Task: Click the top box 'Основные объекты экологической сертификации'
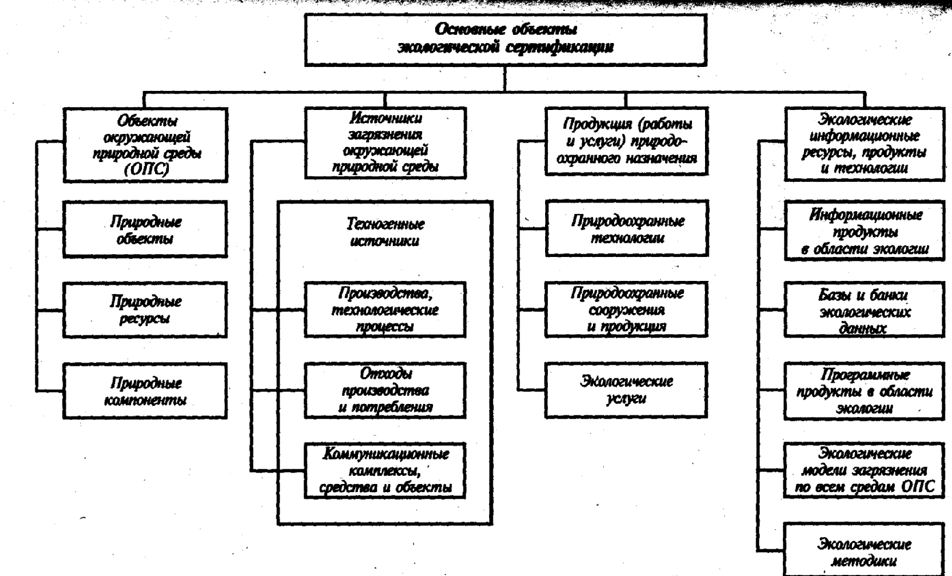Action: [x=505, y=39]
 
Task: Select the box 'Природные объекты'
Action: [x=145, y=229]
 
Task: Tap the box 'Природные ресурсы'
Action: [x=145, y=310]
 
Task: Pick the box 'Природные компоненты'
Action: [x=145, y=391]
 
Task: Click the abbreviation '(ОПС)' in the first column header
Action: [x=146, y=170]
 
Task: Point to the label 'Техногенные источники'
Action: [x=385, y=232]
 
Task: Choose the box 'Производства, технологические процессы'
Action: [x=385, y=310]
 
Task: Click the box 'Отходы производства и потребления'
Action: [x=385, y=390]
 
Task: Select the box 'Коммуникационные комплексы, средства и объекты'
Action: [x=385, y=470]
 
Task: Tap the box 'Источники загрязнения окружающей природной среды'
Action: [x=385, y=143]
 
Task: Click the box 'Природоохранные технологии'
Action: [x=627, y=229]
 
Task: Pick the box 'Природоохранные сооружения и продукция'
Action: [x=627, y=309]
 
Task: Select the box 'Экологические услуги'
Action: [x=627, y=390]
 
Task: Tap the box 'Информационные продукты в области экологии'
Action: [x=864, y=232]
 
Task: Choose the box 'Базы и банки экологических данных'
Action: [x=864, y=311]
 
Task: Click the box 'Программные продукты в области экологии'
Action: [x=864, y=391]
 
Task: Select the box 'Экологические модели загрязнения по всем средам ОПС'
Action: [x=864, y=470]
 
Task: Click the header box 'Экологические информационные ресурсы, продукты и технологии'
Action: [x=864, y=144]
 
